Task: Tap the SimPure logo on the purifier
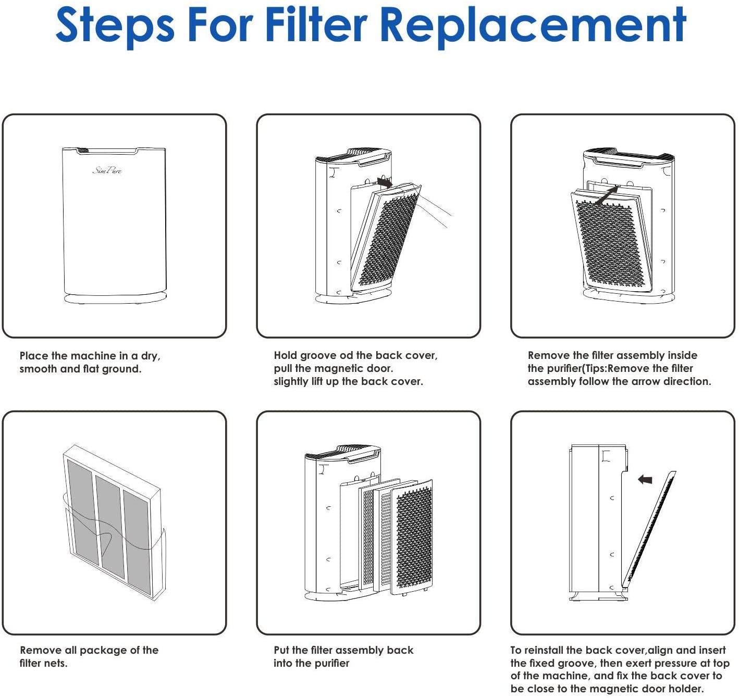coord(107,170)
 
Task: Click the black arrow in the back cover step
coord(385,183)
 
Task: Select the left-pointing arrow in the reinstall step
coord(645,479)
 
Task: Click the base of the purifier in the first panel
coord(115,298)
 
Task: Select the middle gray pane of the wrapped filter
coord(110,526)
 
